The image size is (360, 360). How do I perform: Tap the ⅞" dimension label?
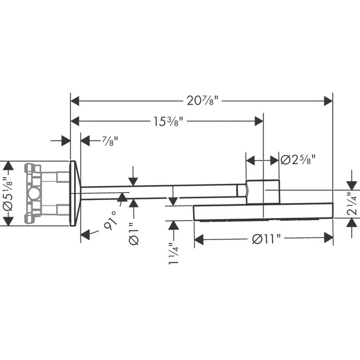pos(109,141)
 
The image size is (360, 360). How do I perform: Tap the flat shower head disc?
pos(263,212)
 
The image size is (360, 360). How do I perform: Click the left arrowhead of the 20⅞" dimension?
pos(75,100)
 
